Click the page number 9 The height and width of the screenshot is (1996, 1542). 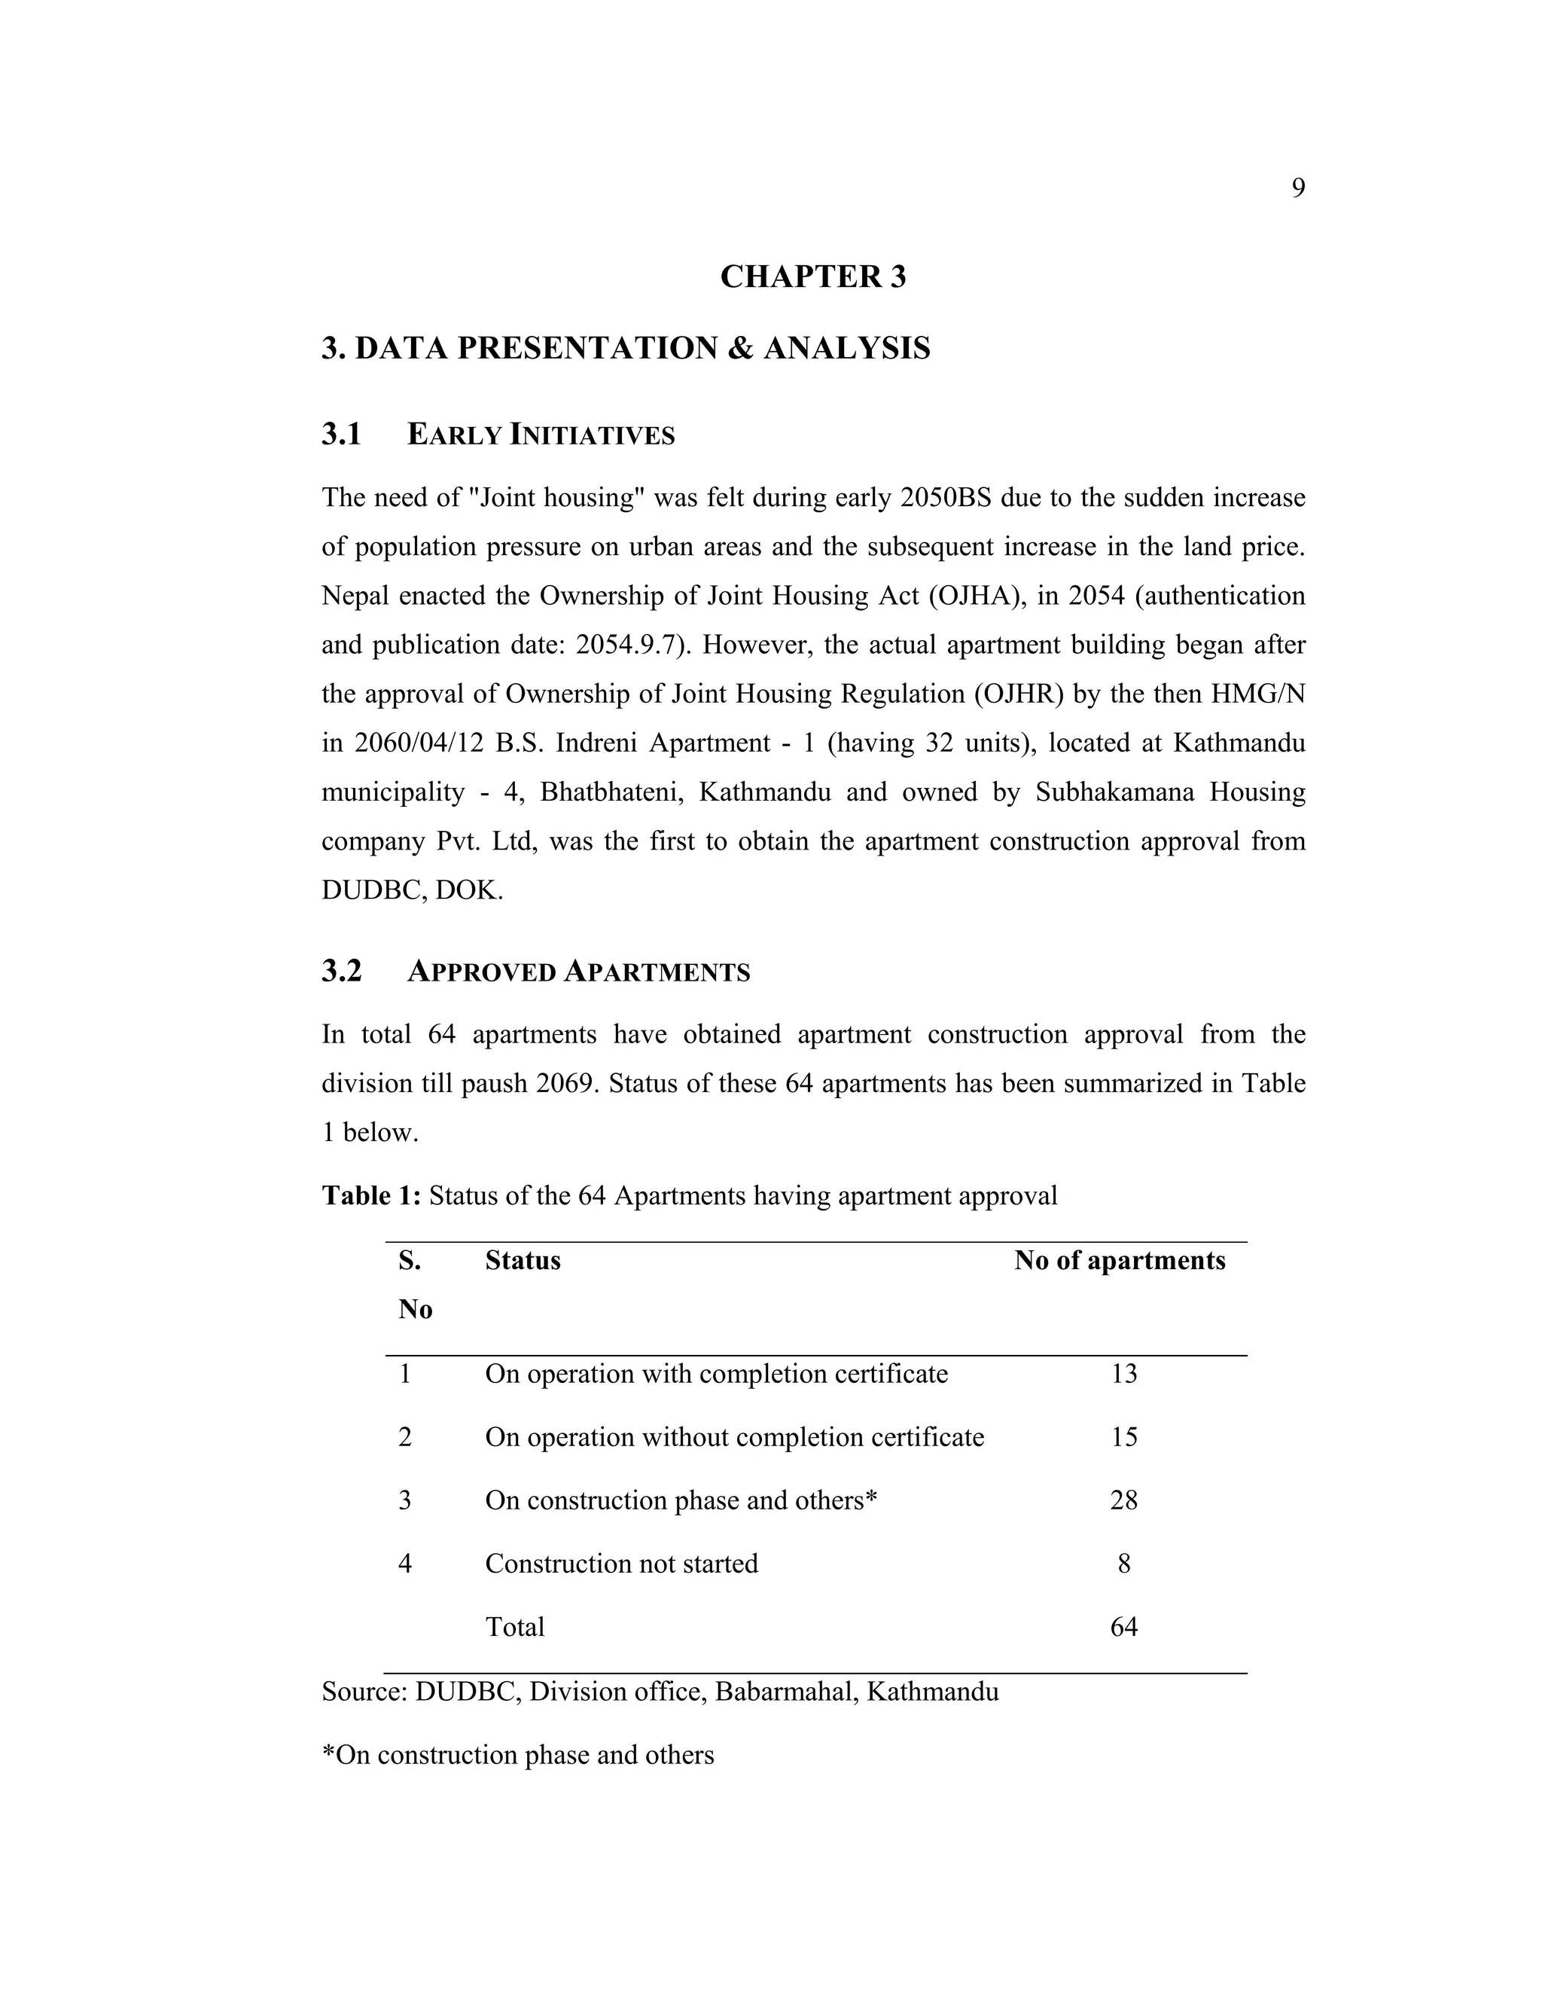(x=1297, y=188)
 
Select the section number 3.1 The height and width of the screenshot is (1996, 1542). (x=342, y=434)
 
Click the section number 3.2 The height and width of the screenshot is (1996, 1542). (x=342, y=972)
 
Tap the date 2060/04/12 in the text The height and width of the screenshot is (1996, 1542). (x=416, y=743)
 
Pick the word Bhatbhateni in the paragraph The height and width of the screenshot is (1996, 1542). (x=612, y=792)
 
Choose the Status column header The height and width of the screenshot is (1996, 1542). (x=523, y=1261)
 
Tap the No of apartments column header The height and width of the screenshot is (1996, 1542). (x=1119, y=1261)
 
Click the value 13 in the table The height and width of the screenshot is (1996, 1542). (x=1123, y=1375)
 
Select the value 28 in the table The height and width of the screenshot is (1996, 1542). (x=1123, y=1500)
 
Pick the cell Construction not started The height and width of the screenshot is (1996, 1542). (x=621, y=1564)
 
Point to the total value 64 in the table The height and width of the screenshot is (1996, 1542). (x=1123, y=1627)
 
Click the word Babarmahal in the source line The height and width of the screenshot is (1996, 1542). (x=785, y=1692)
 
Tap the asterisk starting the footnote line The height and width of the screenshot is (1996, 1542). (x=328, y=1752)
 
